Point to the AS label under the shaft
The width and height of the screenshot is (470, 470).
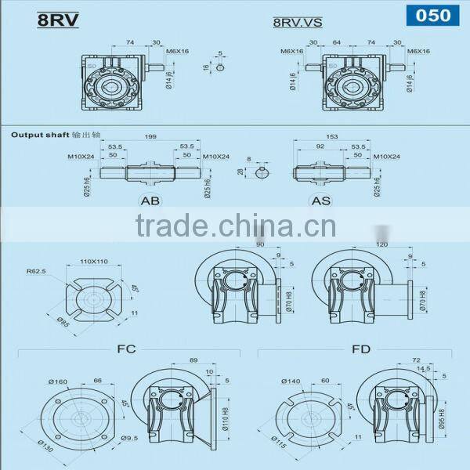(x=321, y=201)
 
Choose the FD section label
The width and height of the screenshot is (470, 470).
(x=360, y=348)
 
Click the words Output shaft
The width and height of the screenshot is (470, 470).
(x=32, y=135)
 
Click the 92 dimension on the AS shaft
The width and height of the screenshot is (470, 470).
(x=320, y=146)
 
